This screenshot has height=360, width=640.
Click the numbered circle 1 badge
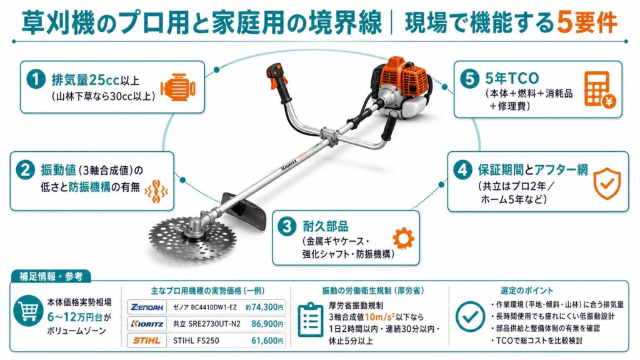click(x=36, y=79)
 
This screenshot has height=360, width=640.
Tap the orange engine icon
click(x=178, y=87)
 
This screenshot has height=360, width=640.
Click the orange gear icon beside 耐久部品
click(x=403, y=238)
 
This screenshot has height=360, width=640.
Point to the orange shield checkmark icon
click(x=607, y=183)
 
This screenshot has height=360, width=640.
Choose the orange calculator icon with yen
click(x=599, y=89)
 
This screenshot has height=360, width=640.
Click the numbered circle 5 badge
click(x=469, y=78)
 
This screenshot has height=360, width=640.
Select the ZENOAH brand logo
click(x=147, y=307)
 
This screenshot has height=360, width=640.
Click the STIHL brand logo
click(x=147, y=341)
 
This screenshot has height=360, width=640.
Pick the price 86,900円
click(x=267, y=324)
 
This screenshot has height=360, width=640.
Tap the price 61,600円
click(x=267, y=341)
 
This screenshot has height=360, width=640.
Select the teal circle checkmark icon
click(x=470, y=316)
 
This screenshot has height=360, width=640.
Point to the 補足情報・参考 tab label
click(x=51, y=276)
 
